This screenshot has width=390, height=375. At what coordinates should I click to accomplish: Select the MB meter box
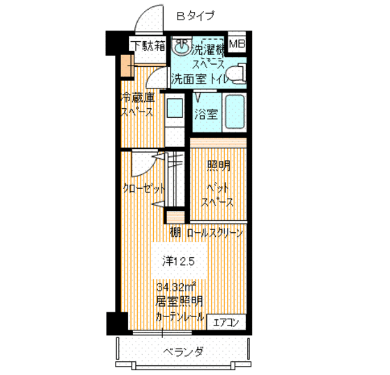pyautogui.click(x=237, y=45)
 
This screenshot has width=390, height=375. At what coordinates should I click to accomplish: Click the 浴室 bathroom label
pyautogui.click(x=205, y=112)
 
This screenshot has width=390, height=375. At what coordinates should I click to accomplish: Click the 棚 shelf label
pyautogui.click(x=175, y=233)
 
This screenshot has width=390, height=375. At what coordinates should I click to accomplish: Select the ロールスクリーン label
pyautogui.click(x=214, y=233)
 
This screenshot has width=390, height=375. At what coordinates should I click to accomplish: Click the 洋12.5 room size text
pyautogui.click(x=183, y=261)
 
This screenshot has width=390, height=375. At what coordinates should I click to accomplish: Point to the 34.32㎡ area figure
pyautogui.click(x=175, y=287)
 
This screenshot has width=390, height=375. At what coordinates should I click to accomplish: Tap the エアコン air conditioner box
pyautogui.click(x=226, y=321)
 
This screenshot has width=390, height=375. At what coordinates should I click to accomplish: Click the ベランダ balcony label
pyautogui.click(x=183, y=351)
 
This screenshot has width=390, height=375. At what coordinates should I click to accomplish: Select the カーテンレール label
pyautogui.click(x=180, y=317)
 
